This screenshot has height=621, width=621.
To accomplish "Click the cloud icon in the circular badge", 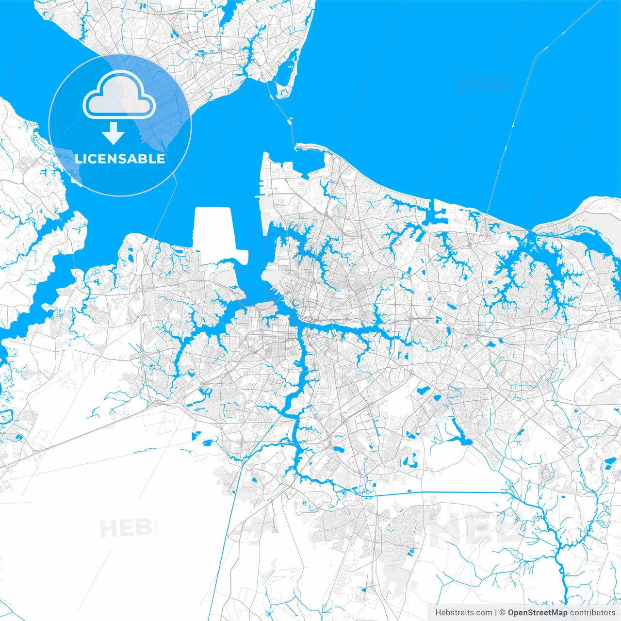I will click(119, 95).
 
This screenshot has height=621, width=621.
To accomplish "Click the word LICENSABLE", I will click(120, 159).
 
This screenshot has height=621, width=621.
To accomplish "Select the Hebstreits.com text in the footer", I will click(463, 612).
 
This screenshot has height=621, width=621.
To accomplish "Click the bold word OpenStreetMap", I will click(538, 612).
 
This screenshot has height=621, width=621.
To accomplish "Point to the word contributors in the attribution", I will click(592, 612).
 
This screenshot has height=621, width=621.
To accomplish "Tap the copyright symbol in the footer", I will click(503, 612).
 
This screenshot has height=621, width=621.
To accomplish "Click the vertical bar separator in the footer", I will click(496, 612).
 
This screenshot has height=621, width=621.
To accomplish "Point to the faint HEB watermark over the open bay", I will click(483, 83).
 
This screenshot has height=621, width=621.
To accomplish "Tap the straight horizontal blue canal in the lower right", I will click(437, 493).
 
